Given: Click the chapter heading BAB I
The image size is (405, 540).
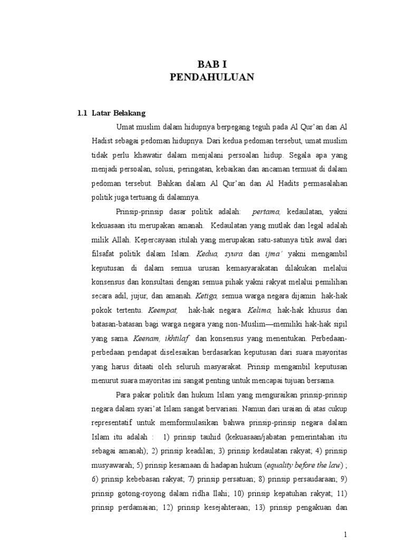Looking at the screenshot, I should point(212,64).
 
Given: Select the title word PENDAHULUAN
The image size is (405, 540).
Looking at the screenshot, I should point(212,78).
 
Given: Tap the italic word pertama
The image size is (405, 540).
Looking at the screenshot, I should point(267,211).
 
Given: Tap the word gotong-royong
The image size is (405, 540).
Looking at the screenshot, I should point(144,495).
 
